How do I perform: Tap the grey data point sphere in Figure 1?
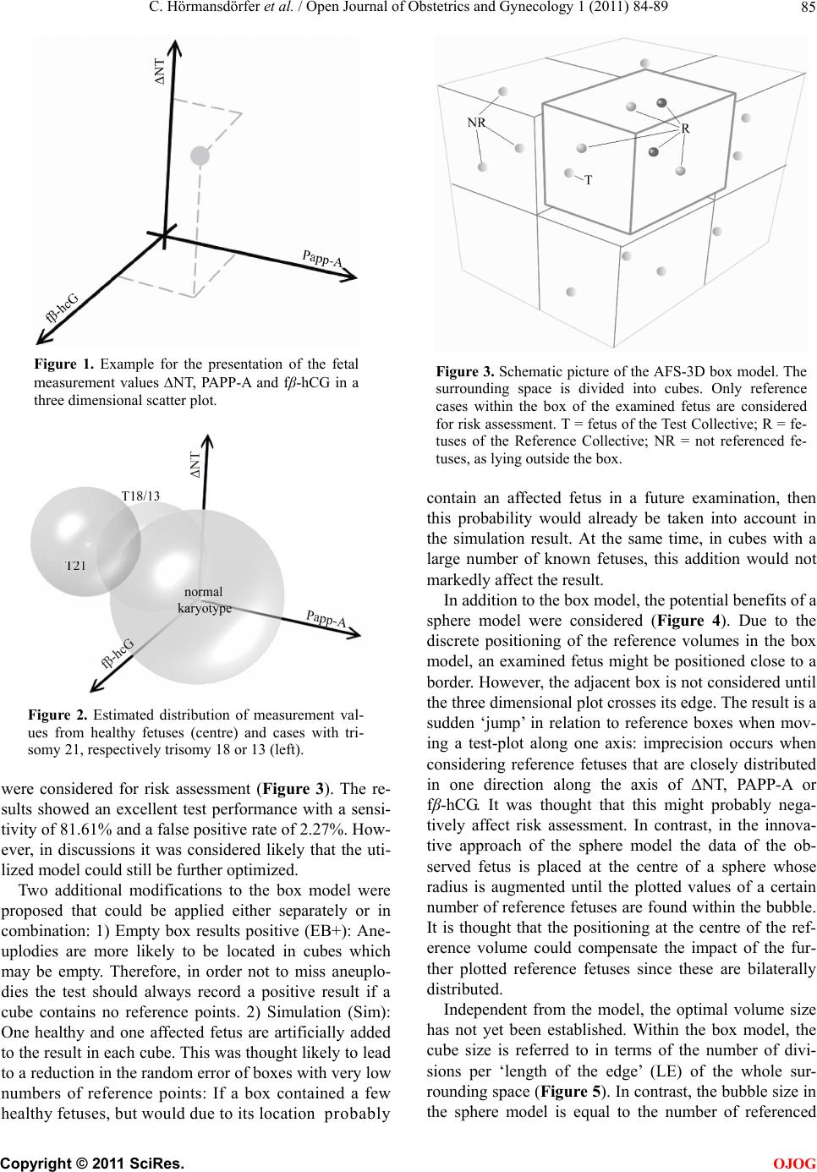(x=200, y=155)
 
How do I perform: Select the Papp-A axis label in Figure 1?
(x=322, y=259)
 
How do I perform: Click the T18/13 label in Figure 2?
(x=140, y=496)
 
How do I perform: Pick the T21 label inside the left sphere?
(x=76, y=565)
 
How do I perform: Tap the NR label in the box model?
(x=476, y=122)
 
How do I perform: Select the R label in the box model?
(x=685, y=129)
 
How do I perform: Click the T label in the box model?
(x=588, y=180)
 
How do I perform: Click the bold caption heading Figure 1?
(x=63, y=365)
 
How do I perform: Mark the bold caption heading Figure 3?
(x=465, y=371)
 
